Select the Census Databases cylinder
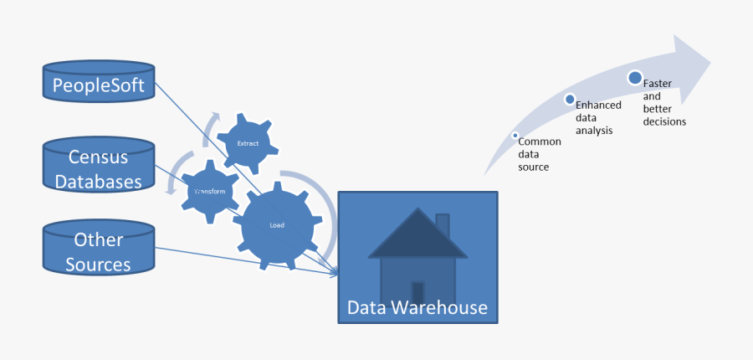[98, 168]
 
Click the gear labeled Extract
[248, 143]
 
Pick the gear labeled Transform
[209, 192]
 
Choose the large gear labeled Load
[277, 225]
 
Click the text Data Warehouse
[417, 307]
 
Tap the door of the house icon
[417, 292]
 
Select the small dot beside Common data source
[515, 135]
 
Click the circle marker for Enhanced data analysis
[570, 100]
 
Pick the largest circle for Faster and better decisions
[635, 78]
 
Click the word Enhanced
[598, 105]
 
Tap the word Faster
[657, 85]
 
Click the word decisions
[664, 121]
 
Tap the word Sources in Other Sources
[98, 265]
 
